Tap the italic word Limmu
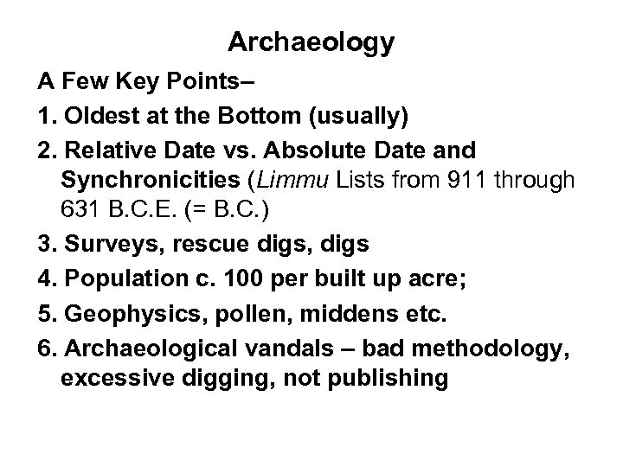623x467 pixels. coord(334,182)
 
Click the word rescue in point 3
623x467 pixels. coord(183,245)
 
